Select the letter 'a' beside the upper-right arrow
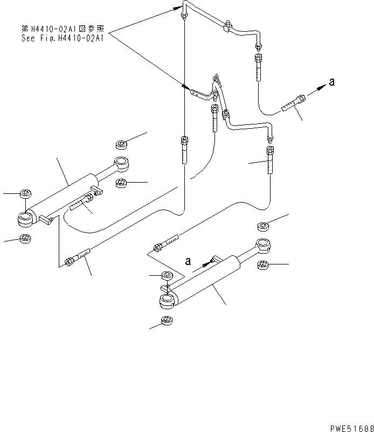click(x=332, y=82)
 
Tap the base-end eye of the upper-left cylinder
click(x=25, y=219)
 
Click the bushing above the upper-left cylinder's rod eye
click(x=121, y=144)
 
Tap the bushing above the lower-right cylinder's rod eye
click(x=264, y=226)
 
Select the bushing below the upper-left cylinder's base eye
click(x=24, y=238)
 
